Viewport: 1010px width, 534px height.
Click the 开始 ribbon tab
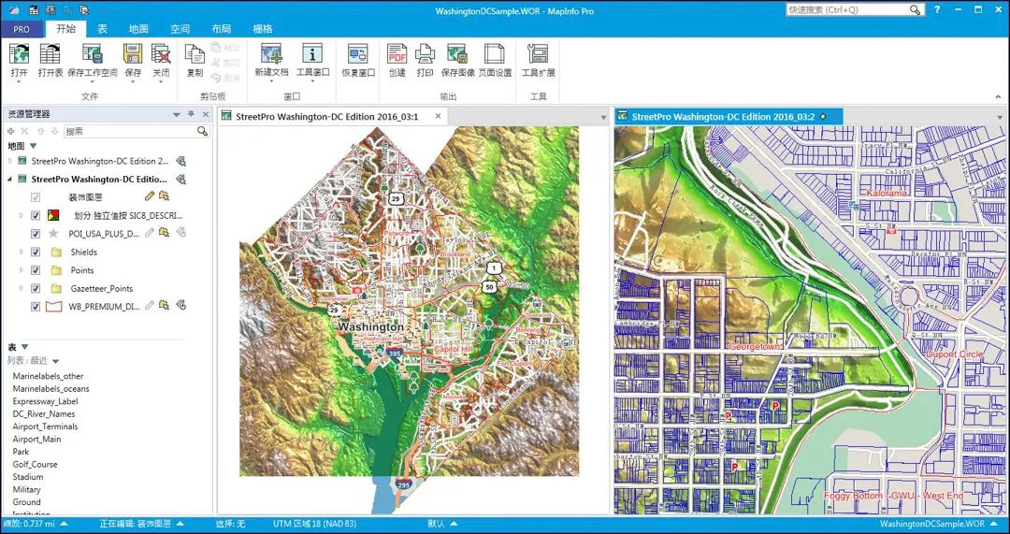pyautogui.click(x=65, y=29)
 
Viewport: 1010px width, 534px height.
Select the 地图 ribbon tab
pyautogui.click(x=138, y=29)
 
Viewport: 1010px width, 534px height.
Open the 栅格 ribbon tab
pyautogui.click(x=263, y=29)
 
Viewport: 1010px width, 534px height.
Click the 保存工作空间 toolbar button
pyautogui.click(x=93, y=61)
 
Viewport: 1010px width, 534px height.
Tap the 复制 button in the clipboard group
pyautogui.click(x=195, y=61)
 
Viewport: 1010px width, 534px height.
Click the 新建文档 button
pyautogui.click(x=272, y=61)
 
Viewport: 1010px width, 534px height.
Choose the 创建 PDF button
pyautogui.click(x=397, y=61)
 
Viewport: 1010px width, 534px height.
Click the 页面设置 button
pyautogui.click(x=495, y=61)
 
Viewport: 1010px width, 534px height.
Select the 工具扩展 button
pyautogui.click(x=538, y=61)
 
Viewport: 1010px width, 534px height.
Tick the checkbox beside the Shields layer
pyautogui.click(x=36, y=252)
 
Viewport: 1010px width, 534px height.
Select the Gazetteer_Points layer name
pyautogui.click(x=101, y=289)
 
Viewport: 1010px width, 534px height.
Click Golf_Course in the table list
pyautogui.click(x=36, y=464)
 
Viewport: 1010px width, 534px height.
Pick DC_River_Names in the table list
pyautogui.click(x=44, y=413)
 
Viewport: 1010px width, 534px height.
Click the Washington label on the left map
pyautogui.click(x=371, y=327)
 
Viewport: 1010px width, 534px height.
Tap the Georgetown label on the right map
pyautogui.click(x=754, y=347)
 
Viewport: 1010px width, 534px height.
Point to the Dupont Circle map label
pyautogui.click(x=954, y=354)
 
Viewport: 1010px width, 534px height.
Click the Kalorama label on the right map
pyautogui.click(x=887, y=194)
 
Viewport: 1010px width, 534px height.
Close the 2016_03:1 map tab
pyautogui.click(x=438, y=117)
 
